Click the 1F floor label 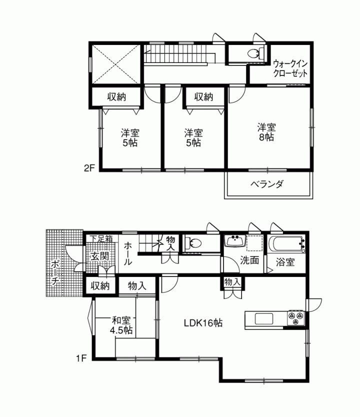(x=82, y=358)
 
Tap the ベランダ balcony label (x=267, y=184)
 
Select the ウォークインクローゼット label (x=290, y=68)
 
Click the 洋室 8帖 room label (x=266, y=132)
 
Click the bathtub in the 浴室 (x=287, y=245)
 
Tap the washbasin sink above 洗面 (x=234, y=241)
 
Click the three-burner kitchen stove (x=295, y=317)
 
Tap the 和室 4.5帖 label (x=121, y=325)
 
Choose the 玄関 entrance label (x=99, y=256)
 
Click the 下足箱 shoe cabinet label (x=102, y=239)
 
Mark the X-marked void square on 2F (x=114, y=64)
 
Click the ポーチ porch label (x=55, y=272)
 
